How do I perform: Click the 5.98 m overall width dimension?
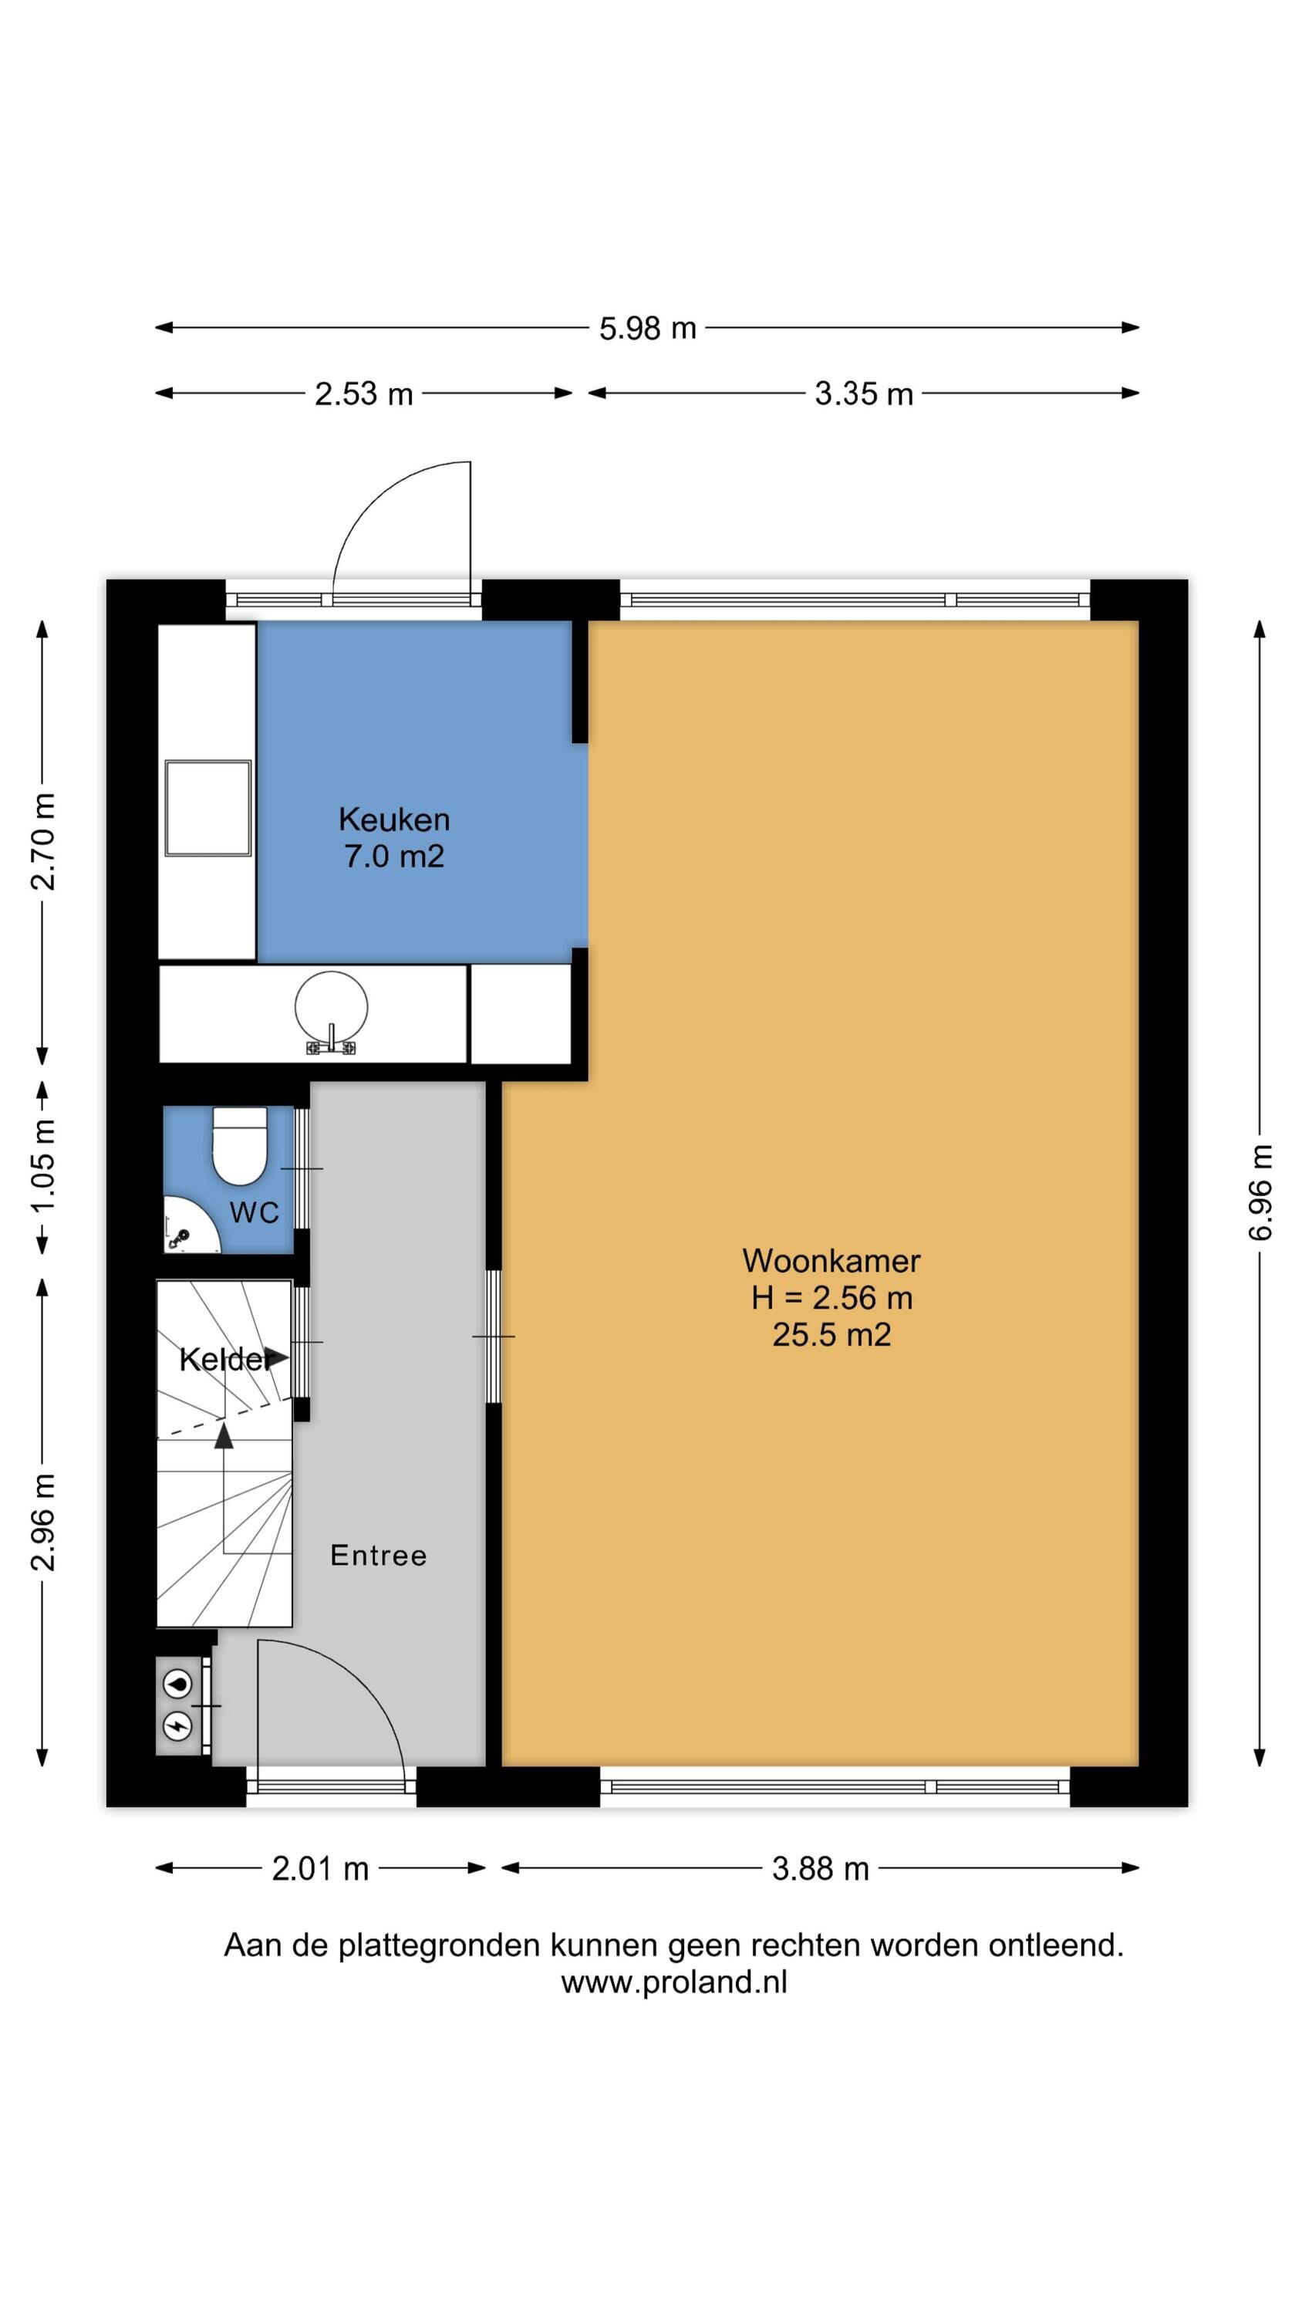tap(648, 328)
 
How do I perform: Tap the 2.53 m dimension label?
tap(364, 394)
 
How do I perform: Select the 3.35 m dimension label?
tap(864, 394)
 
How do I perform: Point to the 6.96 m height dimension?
tap(1260, 1191)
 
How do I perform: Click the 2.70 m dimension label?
tap(43, 841)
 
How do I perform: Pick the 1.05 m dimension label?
tap(43, 1165)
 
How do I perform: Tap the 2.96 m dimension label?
tap(43, 1522)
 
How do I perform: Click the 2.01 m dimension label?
tap(321, 1869)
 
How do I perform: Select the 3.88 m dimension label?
tap(821, 1869)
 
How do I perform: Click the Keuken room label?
tap(394, 820)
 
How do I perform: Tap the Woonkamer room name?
tap(831, 1261)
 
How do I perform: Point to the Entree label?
tap(378, 1555)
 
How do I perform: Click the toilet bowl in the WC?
tap(240, 1146)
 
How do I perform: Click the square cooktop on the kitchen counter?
tap(207, 808)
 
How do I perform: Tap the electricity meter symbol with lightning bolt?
tap(178, 1725)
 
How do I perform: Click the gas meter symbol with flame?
tap(178, 1683)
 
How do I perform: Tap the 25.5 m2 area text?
tap(831, 1333)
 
